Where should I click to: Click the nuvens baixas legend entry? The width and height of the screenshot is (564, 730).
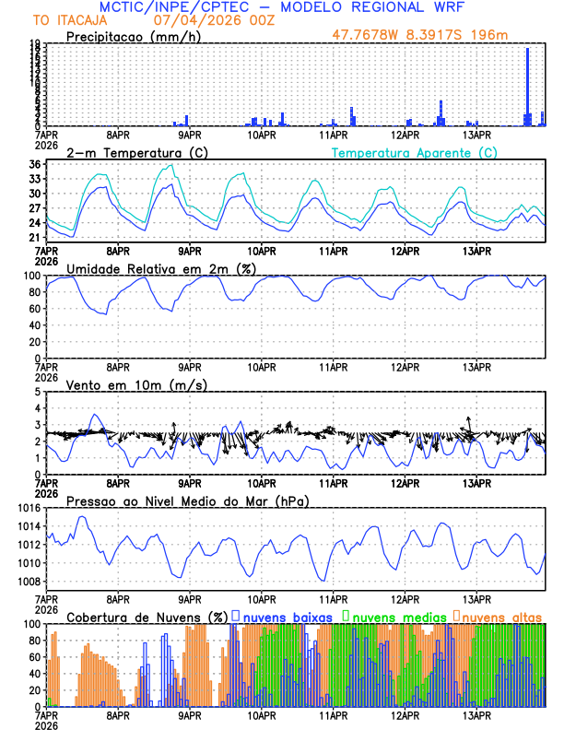pyautogui.click(x=287, y=616)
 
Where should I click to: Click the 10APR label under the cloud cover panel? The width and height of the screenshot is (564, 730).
pyautogui.click(x=262, y=714)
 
